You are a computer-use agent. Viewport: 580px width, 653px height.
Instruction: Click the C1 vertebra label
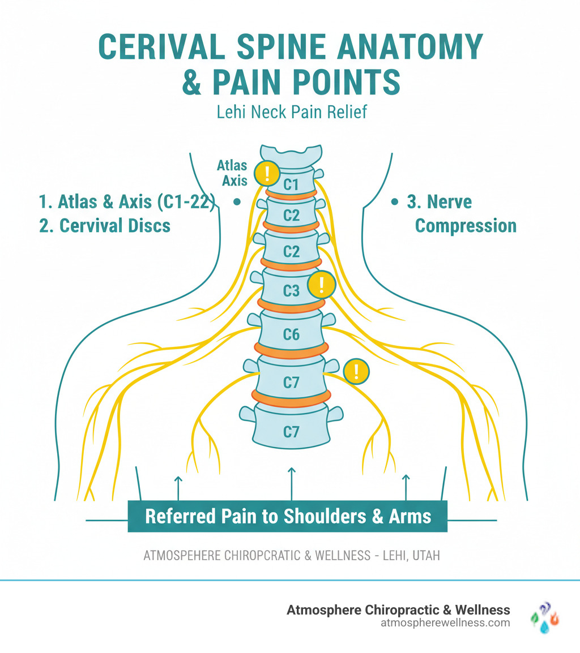(291, 184)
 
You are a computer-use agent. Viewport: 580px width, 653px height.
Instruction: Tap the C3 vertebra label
(291, 290)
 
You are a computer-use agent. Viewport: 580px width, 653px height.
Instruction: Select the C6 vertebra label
(291, 334)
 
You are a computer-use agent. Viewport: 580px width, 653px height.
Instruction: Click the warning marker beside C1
(266, 173)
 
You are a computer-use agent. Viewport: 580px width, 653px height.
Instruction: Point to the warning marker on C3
(321, 285)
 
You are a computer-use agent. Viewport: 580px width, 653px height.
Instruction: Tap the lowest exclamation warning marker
(356, 372)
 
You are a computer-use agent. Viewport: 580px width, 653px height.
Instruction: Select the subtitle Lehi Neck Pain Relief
(292, 111)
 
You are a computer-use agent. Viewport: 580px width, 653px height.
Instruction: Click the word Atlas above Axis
(232, 166)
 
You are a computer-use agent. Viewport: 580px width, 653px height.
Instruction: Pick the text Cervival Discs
(105, 225)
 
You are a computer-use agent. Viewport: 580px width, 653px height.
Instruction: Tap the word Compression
(466, 226)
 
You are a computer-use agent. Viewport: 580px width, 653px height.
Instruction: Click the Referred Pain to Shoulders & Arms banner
(288, 516)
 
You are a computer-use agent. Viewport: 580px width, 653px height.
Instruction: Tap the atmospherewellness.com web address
(446, 623)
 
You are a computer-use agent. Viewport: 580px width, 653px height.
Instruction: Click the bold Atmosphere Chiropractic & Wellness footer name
(398, 609)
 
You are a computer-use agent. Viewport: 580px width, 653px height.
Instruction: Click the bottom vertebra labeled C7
(291, 432)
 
